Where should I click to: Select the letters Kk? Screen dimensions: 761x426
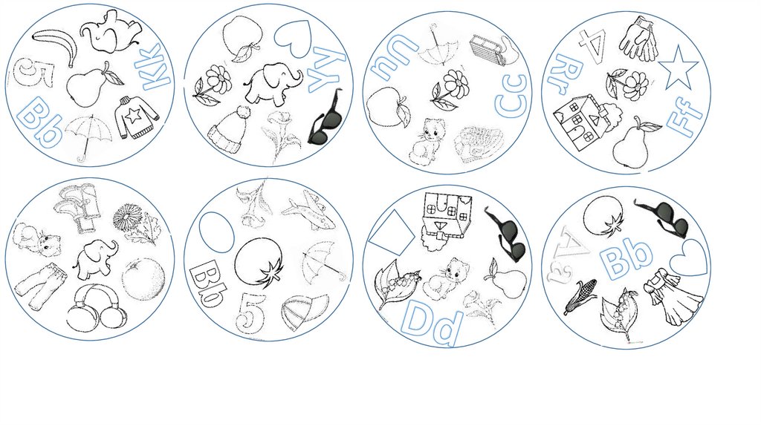(x=155, y=68)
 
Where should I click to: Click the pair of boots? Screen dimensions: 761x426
(x=79, y=206)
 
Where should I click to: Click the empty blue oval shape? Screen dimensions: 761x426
(x=217, y=232)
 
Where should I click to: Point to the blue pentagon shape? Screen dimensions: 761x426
(x=391, y=232)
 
